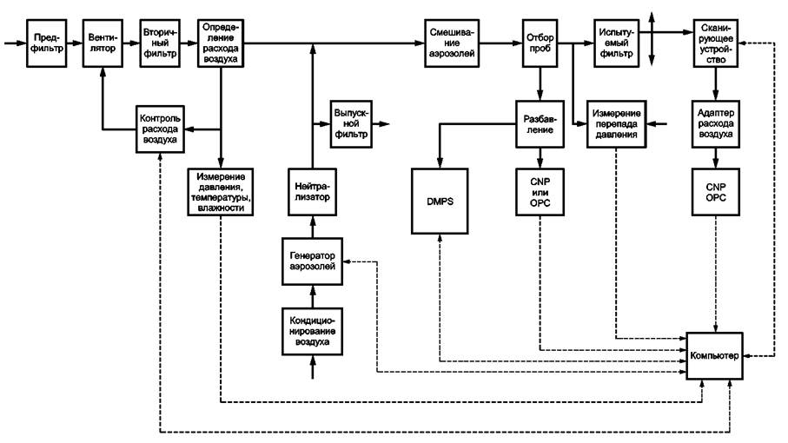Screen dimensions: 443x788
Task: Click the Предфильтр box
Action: coord(44,43)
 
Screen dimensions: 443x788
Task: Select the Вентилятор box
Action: coord(103,43)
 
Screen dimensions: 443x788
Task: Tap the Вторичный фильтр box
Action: coord(160,43)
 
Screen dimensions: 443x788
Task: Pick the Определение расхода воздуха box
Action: coord(221,43)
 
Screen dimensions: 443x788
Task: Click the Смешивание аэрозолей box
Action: coord(452,43)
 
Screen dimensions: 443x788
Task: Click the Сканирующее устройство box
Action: coord(716,43)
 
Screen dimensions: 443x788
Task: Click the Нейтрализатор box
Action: coord(311,192)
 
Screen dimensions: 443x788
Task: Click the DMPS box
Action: coord(440,202)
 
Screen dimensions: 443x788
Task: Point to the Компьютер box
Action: coord(715,354)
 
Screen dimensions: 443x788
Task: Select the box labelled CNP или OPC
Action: coord(540,202)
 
